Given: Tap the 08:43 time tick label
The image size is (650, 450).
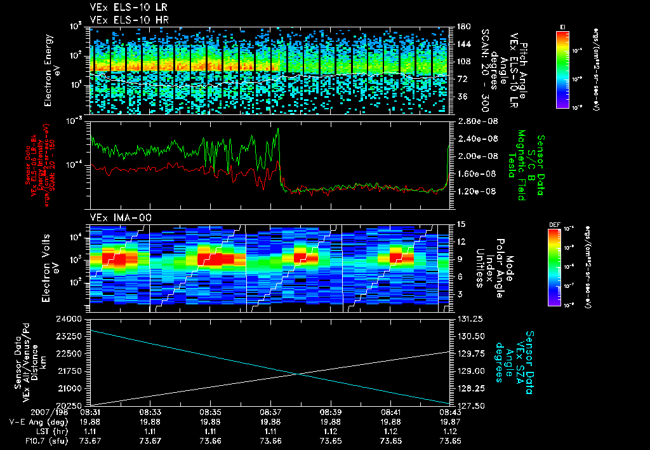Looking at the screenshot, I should [x=449, y=411].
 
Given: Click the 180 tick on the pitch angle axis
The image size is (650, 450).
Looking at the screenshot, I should [x=462, y=27].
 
